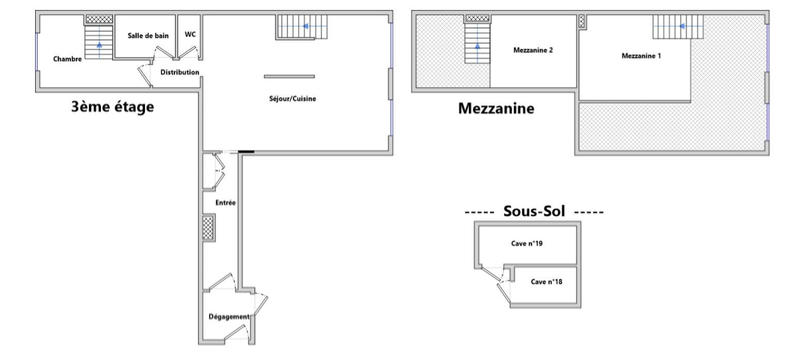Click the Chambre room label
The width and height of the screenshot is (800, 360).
[x=68, y=59]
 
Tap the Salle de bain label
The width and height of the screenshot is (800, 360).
[x=146, y=36]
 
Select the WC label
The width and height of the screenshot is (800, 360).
[x=190, y=35]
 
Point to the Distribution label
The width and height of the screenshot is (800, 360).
[x=180, y=72]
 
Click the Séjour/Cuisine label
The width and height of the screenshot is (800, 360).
[x=293, y=98]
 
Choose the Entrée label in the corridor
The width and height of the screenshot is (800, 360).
[x=224, y=203]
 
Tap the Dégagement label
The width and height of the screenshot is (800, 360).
[x=230, y=317]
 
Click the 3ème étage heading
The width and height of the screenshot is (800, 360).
[x=112, y=107]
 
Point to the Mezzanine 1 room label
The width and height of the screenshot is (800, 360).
[x=641, y=56]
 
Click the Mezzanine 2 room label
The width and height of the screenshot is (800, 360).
[x=533, y=51]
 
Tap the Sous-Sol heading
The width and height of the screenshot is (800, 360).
[x=534, y=212]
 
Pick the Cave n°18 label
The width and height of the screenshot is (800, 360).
[x=546, y=282]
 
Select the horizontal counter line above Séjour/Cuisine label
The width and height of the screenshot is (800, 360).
[x=289, y=76]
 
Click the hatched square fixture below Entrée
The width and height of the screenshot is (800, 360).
[x=208, y=229]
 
